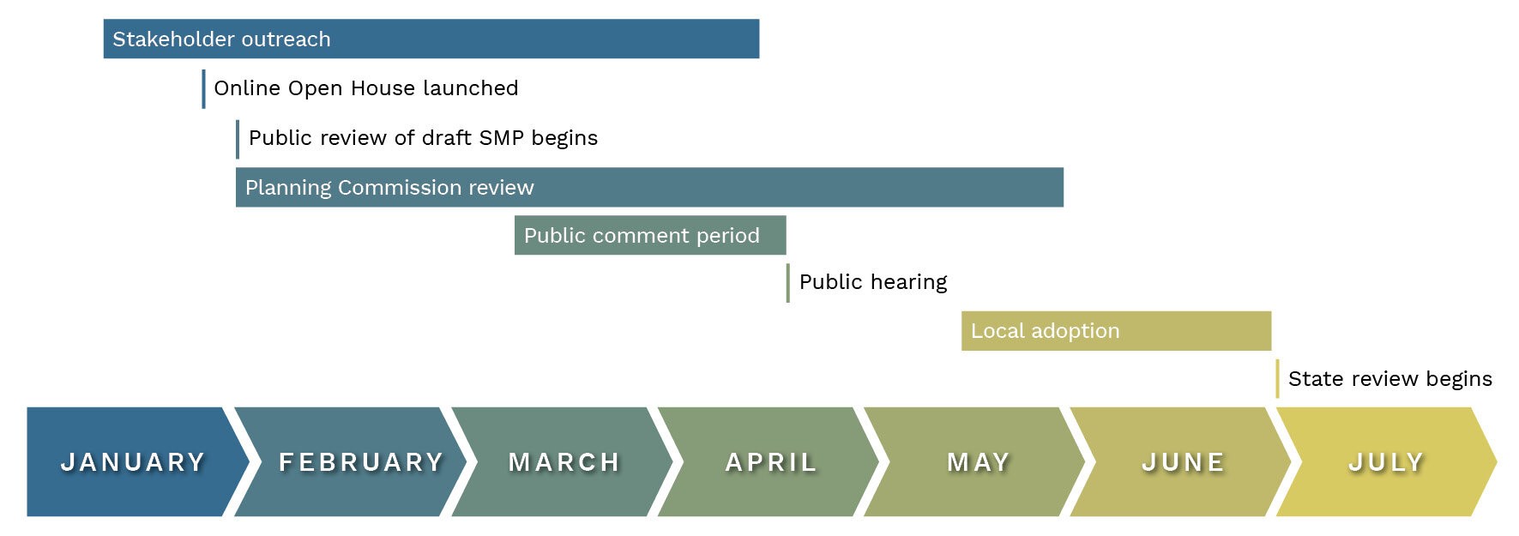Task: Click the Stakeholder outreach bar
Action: (x=431, y=39)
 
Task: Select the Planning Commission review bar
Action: (x=649, y=187)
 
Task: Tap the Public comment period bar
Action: (x=650, y=235)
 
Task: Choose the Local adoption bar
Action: (x=1116, y=331)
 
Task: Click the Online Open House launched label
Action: (x=366, y=88)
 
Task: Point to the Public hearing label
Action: (x=873, y=282)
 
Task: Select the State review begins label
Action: (x=1390, y=379)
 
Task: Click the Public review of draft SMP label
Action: (x=423, y=138)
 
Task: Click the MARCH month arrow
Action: (x=562, y=461)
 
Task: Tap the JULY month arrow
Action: (x=1386, y=461)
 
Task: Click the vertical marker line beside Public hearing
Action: (x=788, y=283)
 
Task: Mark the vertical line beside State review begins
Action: (x=1277, y=379)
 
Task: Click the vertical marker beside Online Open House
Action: (x=203, y=89)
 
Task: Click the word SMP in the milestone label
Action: (x=502, y=138)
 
